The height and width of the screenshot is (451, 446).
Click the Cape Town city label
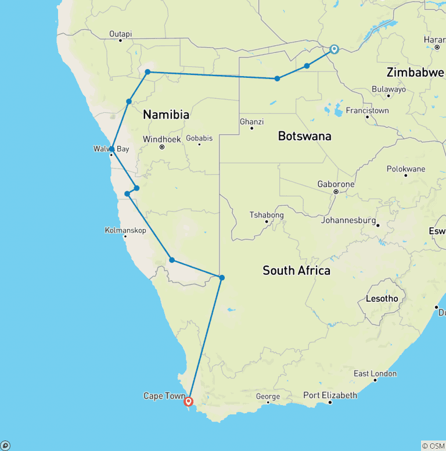tap(164, 396)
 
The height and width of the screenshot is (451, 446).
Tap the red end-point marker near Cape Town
tap(188, 401)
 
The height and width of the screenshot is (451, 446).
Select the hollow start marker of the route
tap(334, 49)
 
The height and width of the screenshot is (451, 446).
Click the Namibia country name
tap(166, 115)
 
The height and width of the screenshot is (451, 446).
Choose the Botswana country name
tap(304, 136)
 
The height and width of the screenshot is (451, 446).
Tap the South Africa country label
tap(296, 270)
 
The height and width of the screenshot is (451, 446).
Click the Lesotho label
tap(382, 299)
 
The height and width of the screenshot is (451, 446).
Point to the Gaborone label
tap(336, 184)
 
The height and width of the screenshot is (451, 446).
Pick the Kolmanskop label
tap(125, 230)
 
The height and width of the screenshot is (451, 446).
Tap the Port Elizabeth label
tap(330, 395)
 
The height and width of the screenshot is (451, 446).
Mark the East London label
tap(375, 374)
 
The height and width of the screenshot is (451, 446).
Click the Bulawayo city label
tap(389, 90)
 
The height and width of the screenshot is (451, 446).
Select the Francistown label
tap(367, 110)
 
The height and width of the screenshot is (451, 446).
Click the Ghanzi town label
tap(251, 122)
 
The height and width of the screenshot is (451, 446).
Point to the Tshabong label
tap(267, 215)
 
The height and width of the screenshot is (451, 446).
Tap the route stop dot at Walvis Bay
tap(111, 149)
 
